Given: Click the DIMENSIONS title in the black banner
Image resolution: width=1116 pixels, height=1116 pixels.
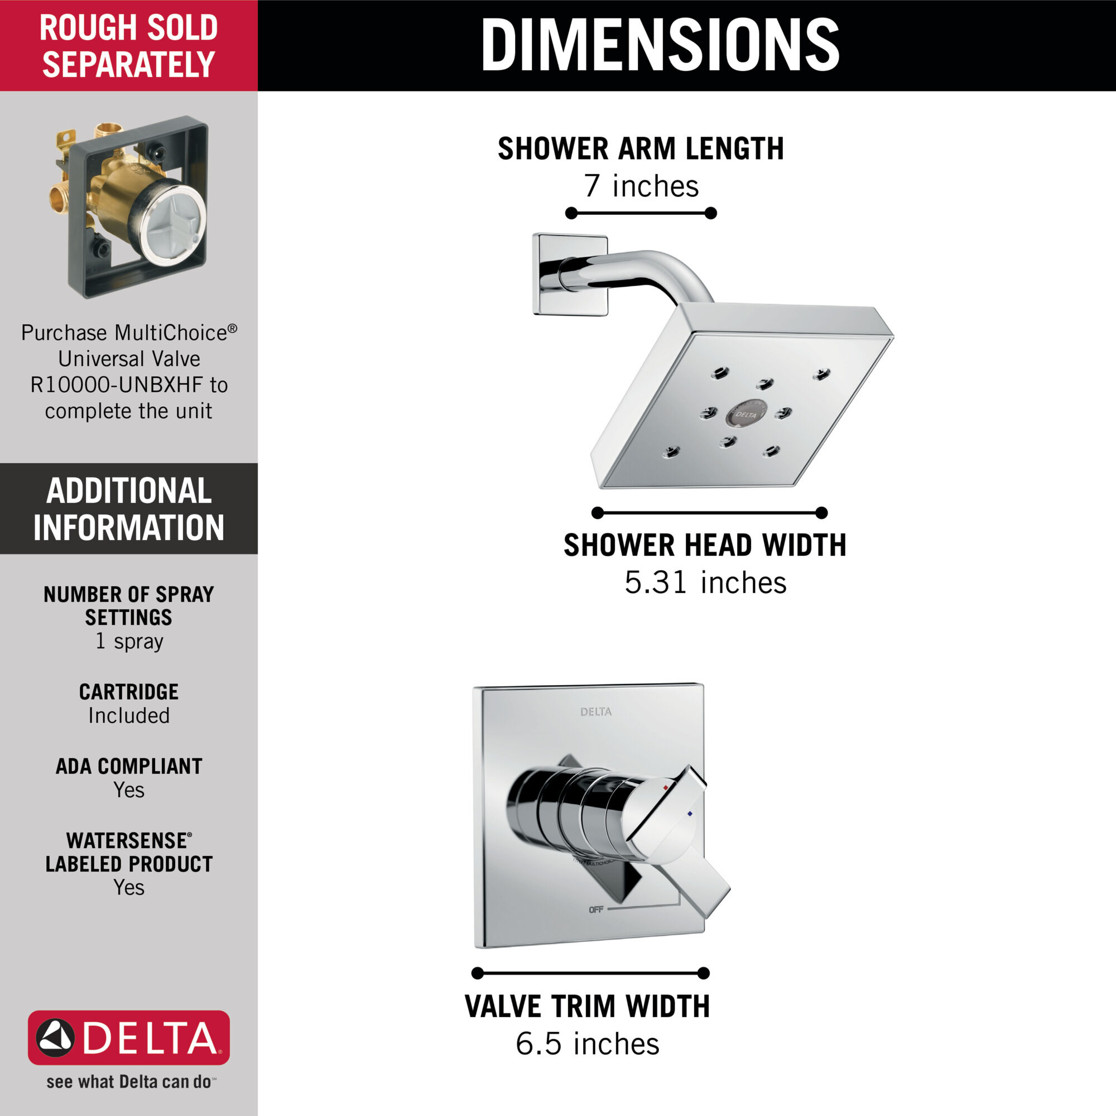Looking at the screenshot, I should click(660, 45).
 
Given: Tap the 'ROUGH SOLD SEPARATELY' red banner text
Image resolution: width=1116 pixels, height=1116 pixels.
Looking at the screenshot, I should click(128, 46).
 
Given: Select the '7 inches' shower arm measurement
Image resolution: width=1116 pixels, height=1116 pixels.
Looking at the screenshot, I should click(641, 186).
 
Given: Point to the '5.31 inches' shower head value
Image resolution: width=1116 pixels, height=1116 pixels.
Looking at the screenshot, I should click(705, 582).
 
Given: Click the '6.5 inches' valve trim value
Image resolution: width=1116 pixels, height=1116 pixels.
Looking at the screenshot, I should click(588, 1044).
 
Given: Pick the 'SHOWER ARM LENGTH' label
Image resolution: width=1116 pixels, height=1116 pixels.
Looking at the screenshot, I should click(641, 149).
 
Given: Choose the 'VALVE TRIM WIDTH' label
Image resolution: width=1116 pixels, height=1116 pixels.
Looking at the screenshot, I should click(588, 1006).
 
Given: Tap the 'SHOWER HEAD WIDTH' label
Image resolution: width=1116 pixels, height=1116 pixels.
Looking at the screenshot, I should click(705, 545).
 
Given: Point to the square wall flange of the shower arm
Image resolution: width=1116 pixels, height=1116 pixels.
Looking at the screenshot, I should click(570, 275).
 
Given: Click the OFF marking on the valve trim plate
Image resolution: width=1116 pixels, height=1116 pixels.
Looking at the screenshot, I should click(595, 910).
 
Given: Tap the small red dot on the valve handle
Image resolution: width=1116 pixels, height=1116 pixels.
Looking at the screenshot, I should click(666, 787).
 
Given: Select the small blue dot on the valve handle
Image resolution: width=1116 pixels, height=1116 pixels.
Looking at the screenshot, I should click(690, 814).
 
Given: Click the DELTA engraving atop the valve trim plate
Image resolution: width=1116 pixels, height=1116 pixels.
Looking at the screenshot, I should click(595, 711).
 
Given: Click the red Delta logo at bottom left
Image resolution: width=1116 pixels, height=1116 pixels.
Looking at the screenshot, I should click(129, 1037).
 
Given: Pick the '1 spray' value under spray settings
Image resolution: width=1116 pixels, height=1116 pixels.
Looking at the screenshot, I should click(129, 641).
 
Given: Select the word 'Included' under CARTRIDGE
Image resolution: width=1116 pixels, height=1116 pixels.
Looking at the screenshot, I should click(129, 716).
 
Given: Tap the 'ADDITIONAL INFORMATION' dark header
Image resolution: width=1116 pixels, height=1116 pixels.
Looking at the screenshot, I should click(129, 509).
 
